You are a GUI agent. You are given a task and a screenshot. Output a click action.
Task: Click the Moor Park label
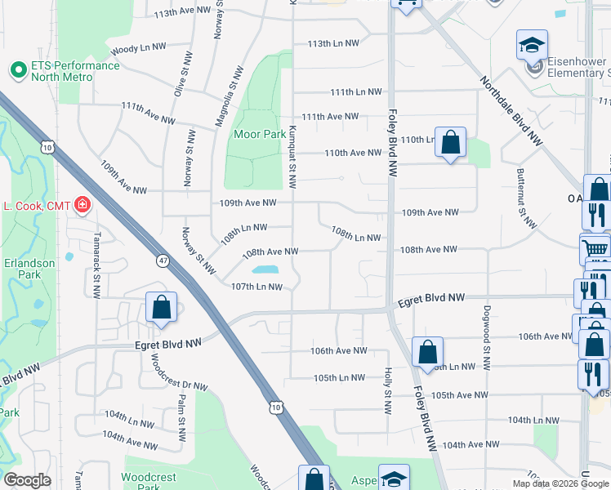pyautogui.click(x=259, y=134)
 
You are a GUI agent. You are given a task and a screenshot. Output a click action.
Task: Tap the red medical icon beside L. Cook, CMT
pyautogui.click(x=82, y=204)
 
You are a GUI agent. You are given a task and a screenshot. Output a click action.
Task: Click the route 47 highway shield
pyautogui.click(x=163, y=261)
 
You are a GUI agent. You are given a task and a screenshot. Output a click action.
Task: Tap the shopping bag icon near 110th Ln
pyautogui.click(x=449, y=143)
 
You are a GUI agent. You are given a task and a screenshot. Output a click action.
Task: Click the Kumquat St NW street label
pyautogui.click(x=291, y=147)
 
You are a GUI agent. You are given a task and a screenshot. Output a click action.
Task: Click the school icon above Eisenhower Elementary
pyautogui.click(x=532, y=45)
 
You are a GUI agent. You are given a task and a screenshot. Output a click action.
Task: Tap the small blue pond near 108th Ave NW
pyautogui.click(x=265, y=269)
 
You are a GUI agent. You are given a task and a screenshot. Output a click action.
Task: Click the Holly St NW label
pyautogui.click(x=386, y=387)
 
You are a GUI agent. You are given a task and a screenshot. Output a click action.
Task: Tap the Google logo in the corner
pyautogui.click(x=27, y=480)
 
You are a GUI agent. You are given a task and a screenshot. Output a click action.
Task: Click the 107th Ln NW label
pyautogui.click(x=256, y=287)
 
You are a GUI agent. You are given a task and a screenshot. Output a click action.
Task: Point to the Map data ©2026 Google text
pyautogui.click(x=560, y=483)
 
